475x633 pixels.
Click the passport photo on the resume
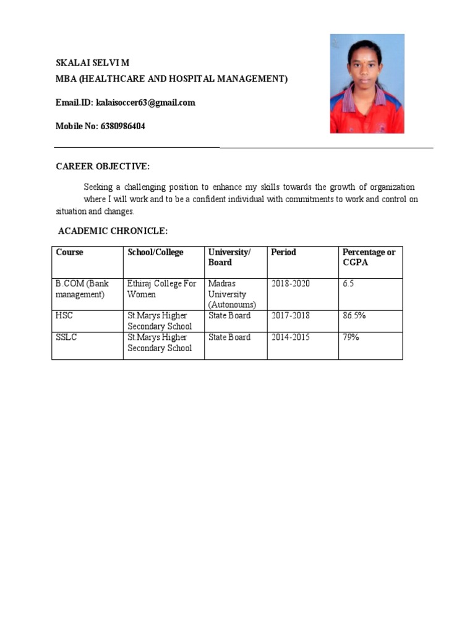[x=367, y=83]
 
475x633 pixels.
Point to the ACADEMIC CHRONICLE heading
[x=113, y=231]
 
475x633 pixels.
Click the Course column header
[x=69, y=252]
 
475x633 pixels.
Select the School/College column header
[x=155, y=252]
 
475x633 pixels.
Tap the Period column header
[x=283, y=252]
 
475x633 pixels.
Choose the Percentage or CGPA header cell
[x=369, y=257]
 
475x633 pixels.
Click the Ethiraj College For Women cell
[x=161, y=289]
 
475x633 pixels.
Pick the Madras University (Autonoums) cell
[x=232, y=294]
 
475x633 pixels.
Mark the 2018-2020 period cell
[x=291, y=284]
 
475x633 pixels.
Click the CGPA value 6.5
[x=348, y=284]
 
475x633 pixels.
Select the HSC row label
[x=64, y=316]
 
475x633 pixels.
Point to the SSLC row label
[x=66, y=338]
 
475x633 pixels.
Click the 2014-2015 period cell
[x=291, y=338]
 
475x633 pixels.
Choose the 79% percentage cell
[x=351, y=338]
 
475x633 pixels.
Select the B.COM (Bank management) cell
[x=82, y=289]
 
